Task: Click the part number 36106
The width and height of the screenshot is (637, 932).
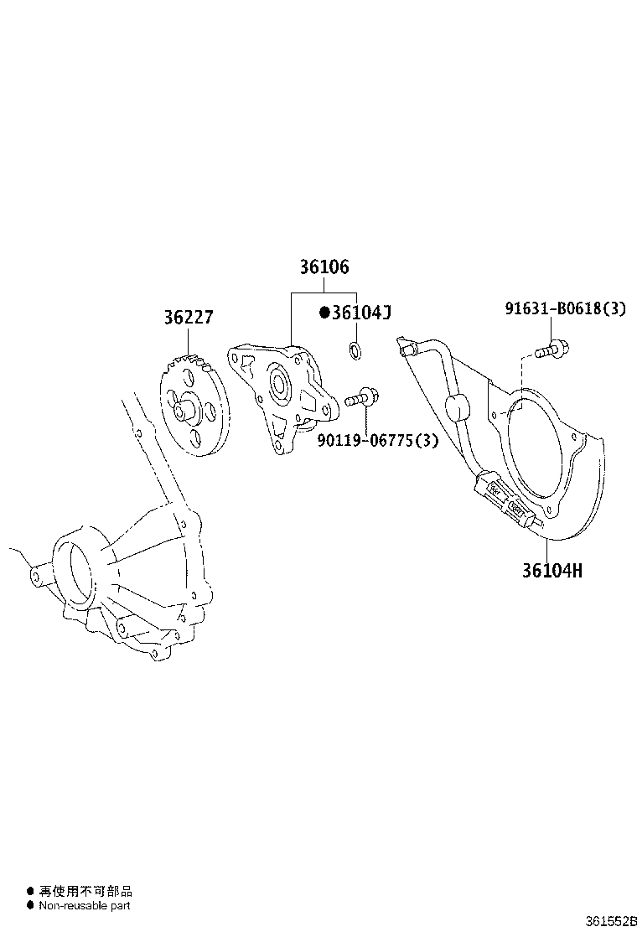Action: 324,267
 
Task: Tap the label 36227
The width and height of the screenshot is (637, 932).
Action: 189,318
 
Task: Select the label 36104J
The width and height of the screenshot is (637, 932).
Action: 360,313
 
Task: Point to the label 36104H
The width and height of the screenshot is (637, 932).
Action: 552,571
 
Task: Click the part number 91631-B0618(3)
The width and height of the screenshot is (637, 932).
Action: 565,308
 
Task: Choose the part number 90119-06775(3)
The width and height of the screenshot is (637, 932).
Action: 377,441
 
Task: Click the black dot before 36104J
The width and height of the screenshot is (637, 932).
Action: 324,313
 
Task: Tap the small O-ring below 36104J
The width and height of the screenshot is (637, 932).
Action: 355,350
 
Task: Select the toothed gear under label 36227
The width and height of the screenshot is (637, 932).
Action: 194,405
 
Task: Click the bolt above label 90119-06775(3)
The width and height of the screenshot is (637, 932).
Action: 362,396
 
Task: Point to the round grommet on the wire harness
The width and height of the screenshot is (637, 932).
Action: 457,407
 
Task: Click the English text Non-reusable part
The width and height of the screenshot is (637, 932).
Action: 85,905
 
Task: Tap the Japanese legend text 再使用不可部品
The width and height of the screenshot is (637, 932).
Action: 85,891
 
